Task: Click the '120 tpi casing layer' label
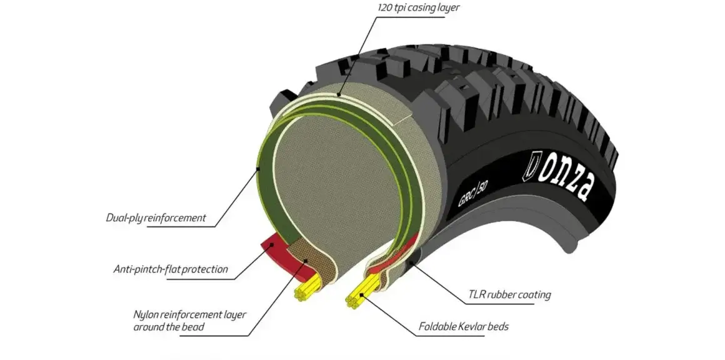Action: pos(418,7)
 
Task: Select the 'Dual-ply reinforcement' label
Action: pos(156,219)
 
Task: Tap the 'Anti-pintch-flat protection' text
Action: pos(171,270)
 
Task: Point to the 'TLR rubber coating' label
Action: pos(509,294)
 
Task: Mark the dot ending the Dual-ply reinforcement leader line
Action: pos(257,169)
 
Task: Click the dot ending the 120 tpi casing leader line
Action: pos(339,95)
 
